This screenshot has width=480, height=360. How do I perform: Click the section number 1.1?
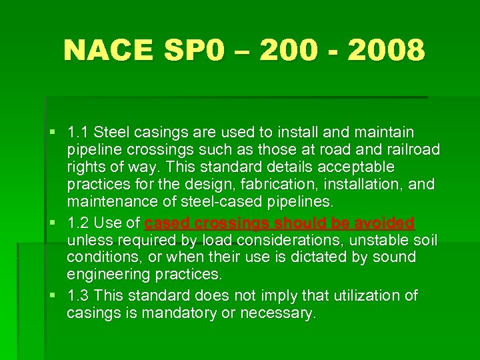point(78,132)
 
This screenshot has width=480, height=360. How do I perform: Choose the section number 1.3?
point(78,295)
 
